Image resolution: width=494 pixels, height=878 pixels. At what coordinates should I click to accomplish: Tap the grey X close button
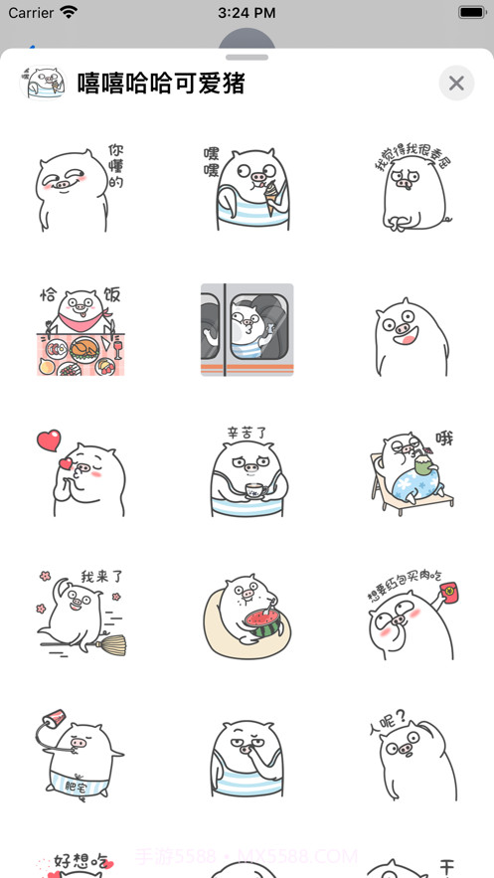(456, 84)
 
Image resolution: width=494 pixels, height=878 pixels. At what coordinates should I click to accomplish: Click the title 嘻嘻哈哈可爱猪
(161, 84)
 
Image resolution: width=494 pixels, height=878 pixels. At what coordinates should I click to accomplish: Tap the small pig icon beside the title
(43, 84)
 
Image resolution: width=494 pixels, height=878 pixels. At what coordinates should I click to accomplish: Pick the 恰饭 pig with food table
(80, 330)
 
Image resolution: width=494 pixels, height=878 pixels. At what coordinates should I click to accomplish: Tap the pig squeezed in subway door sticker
(247, 330)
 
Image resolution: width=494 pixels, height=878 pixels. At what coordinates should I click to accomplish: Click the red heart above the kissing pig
(48, 439)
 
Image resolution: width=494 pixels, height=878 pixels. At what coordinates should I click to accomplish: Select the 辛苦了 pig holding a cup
(247, 473)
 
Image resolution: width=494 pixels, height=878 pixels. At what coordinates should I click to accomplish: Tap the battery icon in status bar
(471, 13)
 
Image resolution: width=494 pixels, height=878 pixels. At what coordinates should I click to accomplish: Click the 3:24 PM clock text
(247, 13)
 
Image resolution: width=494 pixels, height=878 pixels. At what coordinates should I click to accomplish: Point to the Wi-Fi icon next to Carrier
(69, 13)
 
